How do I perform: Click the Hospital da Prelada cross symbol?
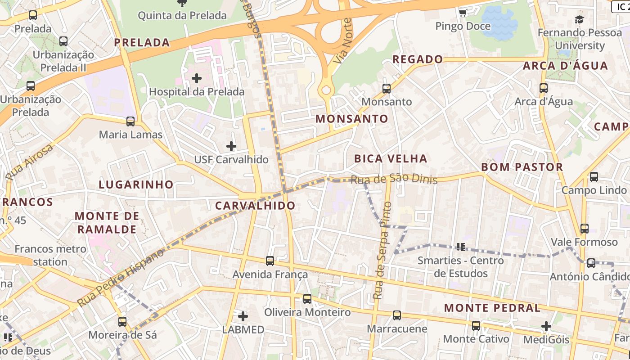[x=197, y=79]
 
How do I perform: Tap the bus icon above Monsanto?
[x=387, y=89]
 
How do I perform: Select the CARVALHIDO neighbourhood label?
[x=255, y=206]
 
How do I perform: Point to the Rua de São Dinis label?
[x=394, y=179]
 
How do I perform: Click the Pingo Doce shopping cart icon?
[x=463, y=13]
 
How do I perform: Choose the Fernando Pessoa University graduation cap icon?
[x=579, y=20]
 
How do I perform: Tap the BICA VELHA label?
[x=391, y=158]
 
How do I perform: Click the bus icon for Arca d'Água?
[x=544, y=88]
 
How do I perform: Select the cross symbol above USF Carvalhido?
[x=231, y=146]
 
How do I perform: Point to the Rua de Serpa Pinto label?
[x=383, y=251]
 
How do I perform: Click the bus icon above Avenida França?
[x=270, y=261]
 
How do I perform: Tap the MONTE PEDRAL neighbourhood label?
[x=492, y=308]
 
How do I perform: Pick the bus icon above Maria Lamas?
[x=130, y=121]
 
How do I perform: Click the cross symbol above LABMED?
[x=243, y=316]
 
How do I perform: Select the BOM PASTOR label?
[x=522, y=167]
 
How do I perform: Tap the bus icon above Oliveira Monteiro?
[x=307, y=299]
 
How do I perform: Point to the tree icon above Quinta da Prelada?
[x=182, y=4]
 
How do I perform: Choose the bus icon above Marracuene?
[x=397, y=315]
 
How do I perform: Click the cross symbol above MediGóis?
[x=546, y=326]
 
